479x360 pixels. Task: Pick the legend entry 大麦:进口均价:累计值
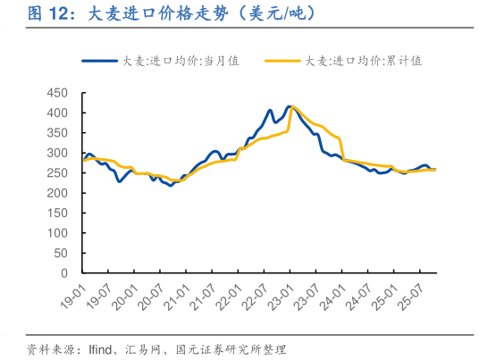click(x=363, y=61)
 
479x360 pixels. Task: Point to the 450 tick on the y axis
click(x=57, y=93)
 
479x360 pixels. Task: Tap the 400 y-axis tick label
click(x=57, y=113)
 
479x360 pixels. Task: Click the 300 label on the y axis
click(x=57, y=153)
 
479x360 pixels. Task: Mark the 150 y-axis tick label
click(x=57, y=213)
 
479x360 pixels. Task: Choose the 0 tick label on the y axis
click(x=65, y=272)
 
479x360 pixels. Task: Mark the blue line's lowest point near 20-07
click(x=171, y=185)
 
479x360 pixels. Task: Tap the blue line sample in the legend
click(x=100, y=61)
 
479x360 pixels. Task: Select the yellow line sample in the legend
click(x=282, y=61)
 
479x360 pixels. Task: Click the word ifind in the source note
click(x=100, y=347)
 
